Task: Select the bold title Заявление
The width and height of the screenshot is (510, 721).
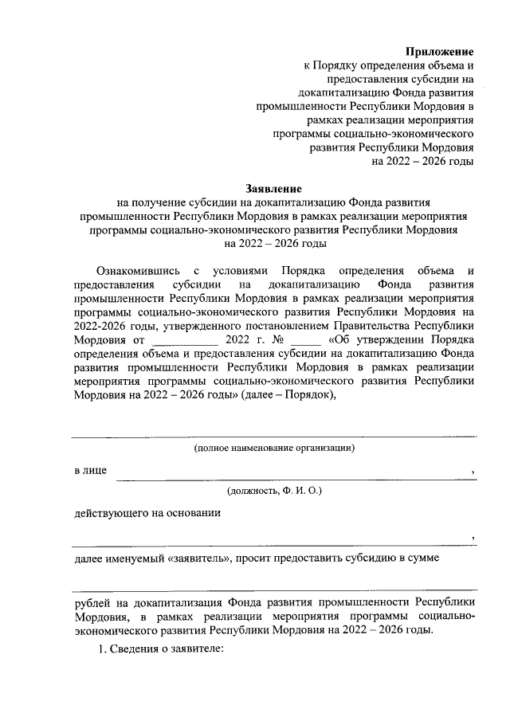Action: [273, 189]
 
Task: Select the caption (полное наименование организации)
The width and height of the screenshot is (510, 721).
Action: [274, 448]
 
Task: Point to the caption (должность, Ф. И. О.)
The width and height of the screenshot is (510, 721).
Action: [274, 493]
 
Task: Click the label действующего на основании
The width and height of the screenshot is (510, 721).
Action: [147, 513]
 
